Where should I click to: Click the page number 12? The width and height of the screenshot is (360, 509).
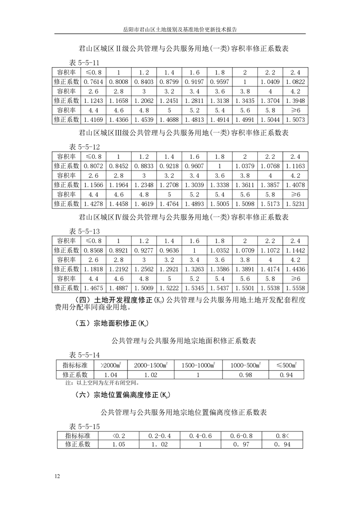click(x=57, y=476)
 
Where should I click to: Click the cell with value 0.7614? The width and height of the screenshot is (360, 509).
click(x=94, y=82)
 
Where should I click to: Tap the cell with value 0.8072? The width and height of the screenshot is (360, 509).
click(x=94, y=166)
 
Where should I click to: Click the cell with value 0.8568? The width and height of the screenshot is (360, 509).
click(x=94, y=250)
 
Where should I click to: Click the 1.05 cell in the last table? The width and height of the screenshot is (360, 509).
click(x=118, y=445)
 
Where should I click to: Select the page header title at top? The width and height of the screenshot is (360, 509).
click(x=180, y=29)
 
